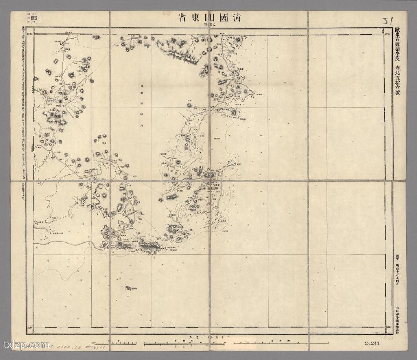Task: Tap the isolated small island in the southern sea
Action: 131,288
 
